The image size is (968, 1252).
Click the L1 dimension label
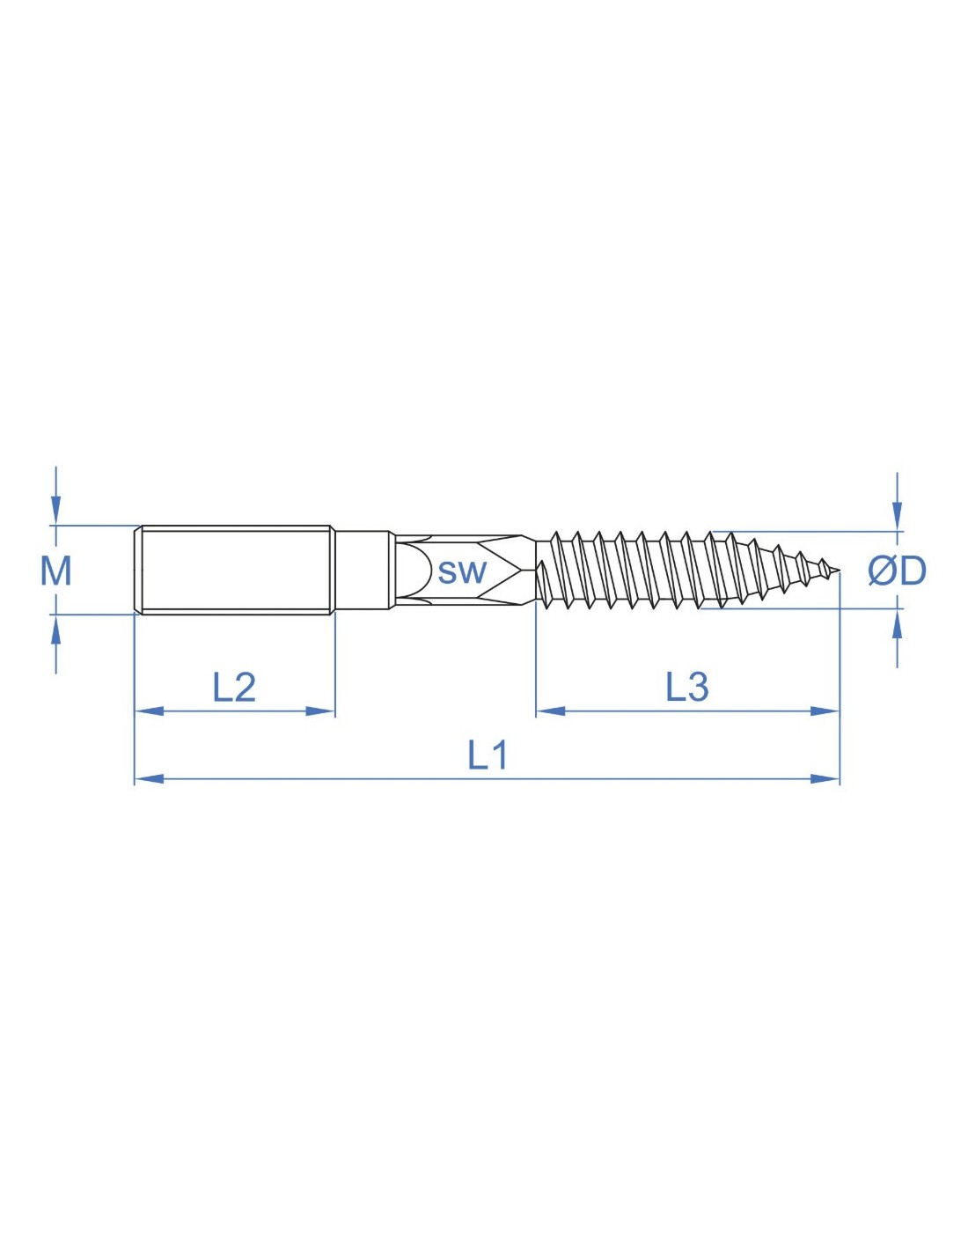pyautogui.click(x=487, y=756)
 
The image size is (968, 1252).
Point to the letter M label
pyautogui.click(x=55, y=571)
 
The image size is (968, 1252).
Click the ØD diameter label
pyautogui.click(x=898, y=571)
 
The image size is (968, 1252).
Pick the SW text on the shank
pyautogui.click(x=462, y=572)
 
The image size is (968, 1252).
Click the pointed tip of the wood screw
pyautogui.click(x=839, y=572)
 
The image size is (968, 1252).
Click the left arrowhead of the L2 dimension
pyautogui.click(x=149, y=711)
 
